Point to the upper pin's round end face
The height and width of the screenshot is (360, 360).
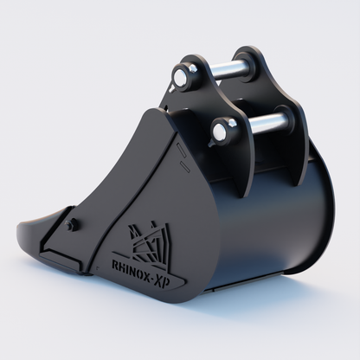pyautogui.click(x=181, y=77)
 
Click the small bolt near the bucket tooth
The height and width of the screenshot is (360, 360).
pyautogui.click(x=72, y=226)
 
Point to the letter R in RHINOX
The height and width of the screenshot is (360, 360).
pyautogui.click(x=118, y=259)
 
